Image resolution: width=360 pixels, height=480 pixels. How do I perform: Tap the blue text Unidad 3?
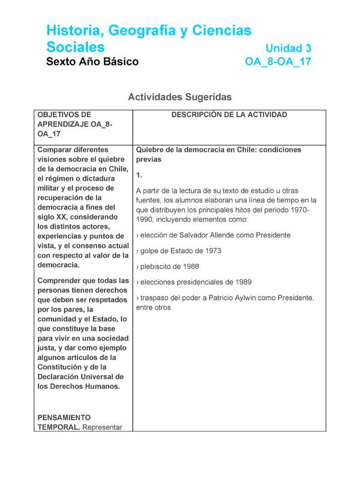(x=289, y=48)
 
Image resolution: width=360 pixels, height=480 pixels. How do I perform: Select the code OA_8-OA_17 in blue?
(x=278, y=62)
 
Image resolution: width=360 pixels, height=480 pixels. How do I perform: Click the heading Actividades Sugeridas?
(x=179, y=97)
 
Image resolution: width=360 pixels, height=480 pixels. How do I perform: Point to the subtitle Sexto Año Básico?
(x=92, y=62)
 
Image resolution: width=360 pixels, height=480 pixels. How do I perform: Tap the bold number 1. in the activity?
(x=139, y=175)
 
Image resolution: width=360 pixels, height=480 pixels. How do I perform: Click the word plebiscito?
(x=161, y=266)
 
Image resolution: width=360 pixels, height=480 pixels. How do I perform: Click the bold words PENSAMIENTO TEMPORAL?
(x=64, y=422)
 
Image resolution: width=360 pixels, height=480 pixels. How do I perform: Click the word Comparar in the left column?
(x=56, y=149)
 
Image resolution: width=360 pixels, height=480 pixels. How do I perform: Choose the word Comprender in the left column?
(x=60, y=280)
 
